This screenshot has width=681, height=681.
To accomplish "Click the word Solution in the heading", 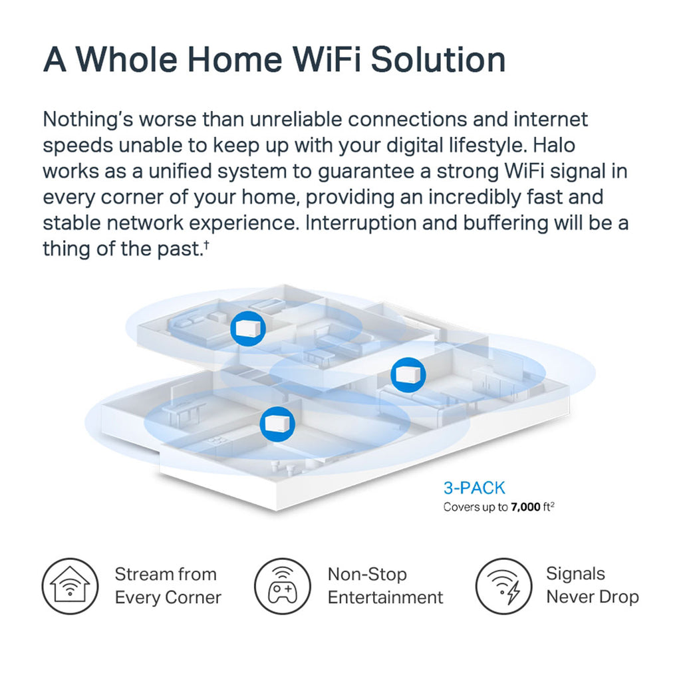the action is coord(438,59).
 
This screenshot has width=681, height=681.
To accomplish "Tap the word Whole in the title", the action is coord(127,59).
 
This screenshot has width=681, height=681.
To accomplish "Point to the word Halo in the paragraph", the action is coord(554,145).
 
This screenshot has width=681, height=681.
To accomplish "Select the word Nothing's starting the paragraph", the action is coord(88,120).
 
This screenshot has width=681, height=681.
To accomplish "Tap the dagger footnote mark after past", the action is coord(207,244).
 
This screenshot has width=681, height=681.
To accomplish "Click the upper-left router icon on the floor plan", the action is coord(248,329).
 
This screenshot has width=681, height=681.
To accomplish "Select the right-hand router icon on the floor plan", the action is coord(408,374).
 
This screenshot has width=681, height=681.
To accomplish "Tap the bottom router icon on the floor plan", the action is coord(277,424).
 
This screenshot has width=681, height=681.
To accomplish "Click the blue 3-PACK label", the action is coord(474,488).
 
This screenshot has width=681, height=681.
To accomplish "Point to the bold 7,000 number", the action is coord(525,507).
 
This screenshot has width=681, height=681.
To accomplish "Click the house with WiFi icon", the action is coord(70,586).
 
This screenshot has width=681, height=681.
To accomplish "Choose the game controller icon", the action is coord(282,586).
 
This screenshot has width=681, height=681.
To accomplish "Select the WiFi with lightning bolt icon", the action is coord(504,586).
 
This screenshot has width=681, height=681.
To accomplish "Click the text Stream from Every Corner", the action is coord(168,586).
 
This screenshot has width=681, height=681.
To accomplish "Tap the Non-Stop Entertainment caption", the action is coord(386,586).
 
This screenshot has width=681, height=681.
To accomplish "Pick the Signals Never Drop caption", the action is coord(593,585).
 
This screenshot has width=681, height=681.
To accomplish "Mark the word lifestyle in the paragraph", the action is coord(487,145).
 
